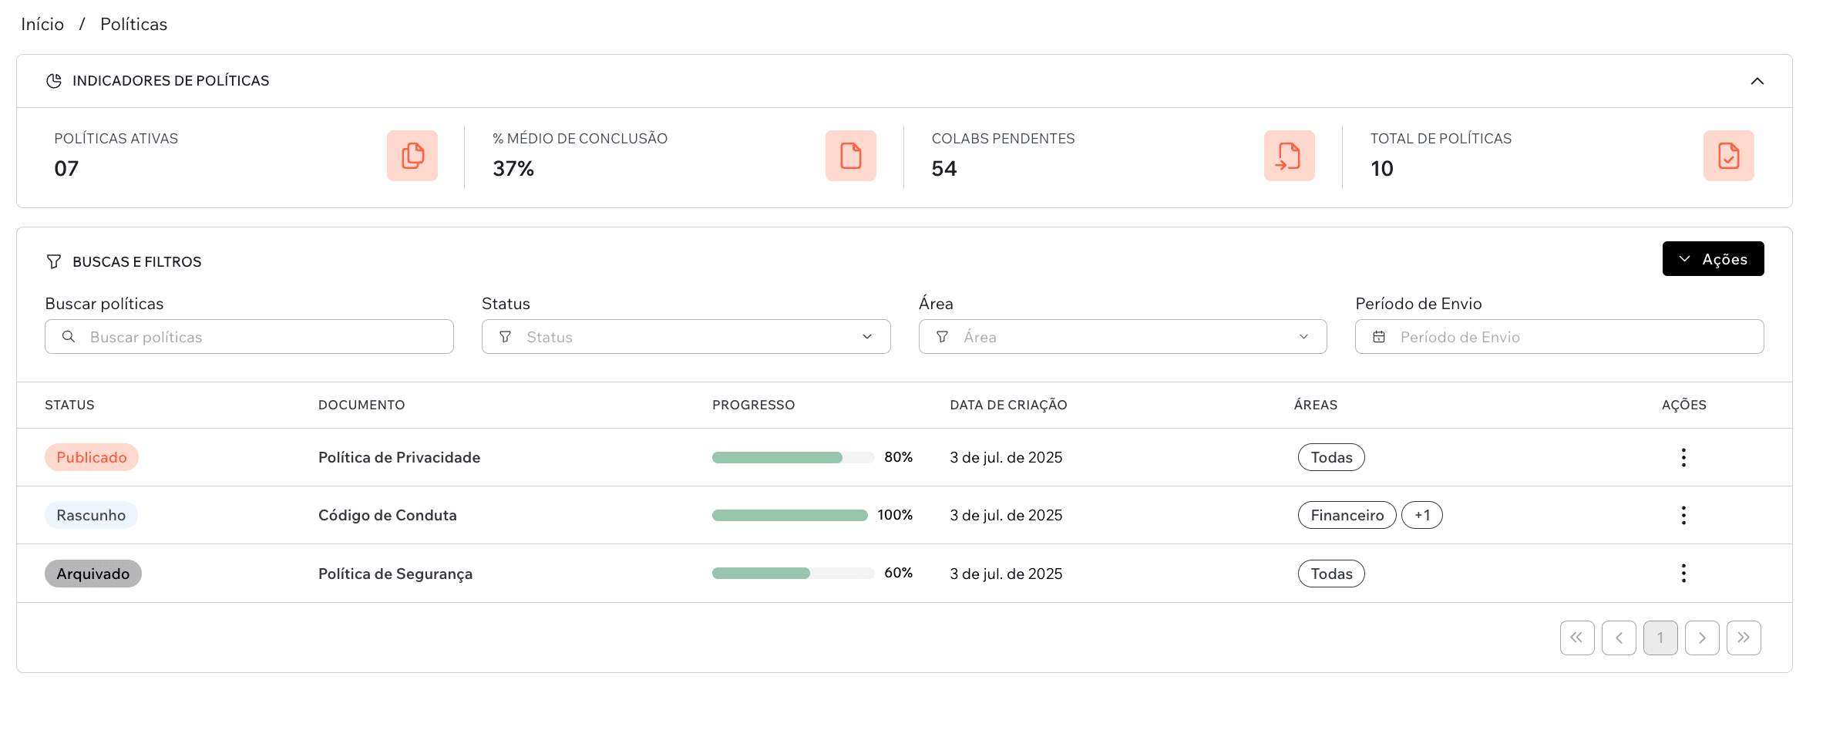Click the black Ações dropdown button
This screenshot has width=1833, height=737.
[x=1712, y=259]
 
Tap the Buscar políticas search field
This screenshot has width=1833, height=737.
[x=249, y=337]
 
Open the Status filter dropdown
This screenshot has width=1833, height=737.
[x=685, y=337]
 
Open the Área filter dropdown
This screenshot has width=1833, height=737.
[x=1122, y=337]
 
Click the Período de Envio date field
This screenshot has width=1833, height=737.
[x=1559, y=337]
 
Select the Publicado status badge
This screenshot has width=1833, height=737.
[x=91, y=457]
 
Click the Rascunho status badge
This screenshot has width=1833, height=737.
[x=91, y=515]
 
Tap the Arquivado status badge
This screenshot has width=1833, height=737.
[x=92, y=574]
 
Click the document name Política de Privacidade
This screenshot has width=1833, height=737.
[x=399, y=457]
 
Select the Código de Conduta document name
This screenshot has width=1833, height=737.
[x=387, y=515]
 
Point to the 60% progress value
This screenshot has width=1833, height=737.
[x=898, y=573]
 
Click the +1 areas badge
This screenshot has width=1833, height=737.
[x=1421, y=515]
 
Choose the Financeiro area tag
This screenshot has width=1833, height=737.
[x=1347, y=515]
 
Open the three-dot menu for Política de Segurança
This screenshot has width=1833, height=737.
[x=1683, y=573]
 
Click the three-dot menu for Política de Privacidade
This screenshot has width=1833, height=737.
[x=1683, y=457]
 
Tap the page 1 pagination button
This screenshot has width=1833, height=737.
[x=1660, y=638]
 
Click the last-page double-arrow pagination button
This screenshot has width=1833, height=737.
[x=1743, y=638]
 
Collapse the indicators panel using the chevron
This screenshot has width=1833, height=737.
[x=1757, y=81]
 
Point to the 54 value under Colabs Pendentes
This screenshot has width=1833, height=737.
[x=943, y=169]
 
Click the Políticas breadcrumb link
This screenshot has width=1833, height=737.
[x=133, y=25]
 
